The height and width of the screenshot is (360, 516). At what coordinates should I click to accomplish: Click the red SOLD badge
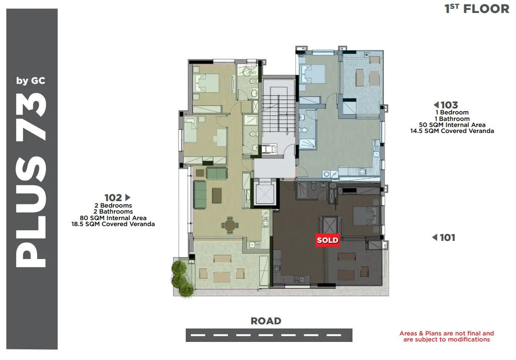(327, 240)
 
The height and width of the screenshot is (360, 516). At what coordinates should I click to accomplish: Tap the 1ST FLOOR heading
(477, 9)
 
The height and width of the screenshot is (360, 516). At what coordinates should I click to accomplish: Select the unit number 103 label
(449, 105)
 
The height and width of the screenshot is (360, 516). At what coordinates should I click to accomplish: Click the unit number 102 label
(113, 197)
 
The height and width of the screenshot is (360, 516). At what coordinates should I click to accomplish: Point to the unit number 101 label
(447, 237)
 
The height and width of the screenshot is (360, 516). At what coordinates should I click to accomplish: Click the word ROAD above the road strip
(266, 321)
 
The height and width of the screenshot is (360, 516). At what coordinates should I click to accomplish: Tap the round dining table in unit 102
(230, 226)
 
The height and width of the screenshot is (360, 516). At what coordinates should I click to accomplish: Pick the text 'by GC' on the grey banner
(31, 81)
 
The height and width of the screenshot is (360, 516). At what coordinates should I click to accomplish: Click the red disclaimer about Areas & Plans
(447, 336)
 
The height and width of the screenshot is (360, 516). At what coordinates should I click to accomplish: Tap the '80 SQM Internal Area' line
(113, 218)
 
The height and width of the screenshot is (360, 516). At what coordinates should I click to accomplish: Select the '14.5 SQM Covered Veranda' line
(452, 131)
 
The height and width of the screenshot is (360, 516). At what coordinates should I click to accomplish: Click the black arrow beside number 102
(128, 197)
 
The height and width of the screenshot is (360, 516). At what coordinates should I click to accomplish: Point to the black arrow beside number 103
(436, 105)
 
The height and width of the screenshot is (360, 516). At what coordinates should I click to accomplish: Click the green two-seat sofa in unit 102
(216, 173)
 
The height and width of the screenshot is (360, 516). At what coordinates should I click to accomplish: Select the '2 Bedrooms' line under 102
(113, 206)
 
